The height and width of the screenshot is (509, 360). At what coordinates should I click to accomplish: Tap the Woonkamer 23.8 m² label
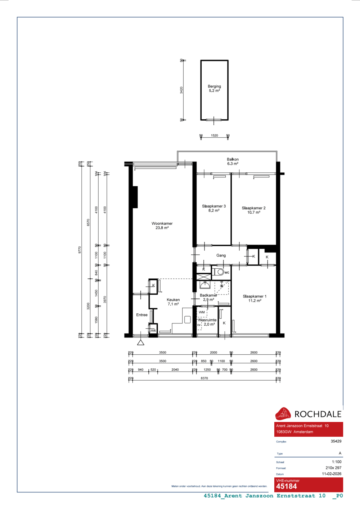pos(162,226)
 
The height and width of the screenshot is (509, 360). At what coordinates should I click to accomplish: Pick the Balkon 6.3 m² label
pos(233,162)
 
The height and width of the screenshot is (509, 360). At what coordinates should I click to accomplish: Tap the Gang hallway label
pos(221,255)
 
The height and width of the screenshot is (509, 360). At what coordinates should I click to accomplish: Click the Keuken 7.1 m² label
pos(173,302)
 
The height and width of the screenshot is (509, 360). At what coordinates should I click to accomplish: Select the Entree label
pos(142,315)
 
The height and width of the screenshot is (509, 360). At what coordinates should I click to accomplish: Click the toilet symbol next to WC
pos(220,272)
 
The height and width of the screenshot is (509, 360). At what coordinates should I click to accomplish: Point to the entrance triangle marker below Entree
pos(141,342)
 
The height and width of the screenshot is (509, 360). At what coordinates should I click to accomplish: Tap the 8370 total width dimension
pos(204,378)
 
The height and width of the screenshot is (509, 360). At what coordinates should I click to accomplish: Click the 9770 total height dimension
pos(80,250)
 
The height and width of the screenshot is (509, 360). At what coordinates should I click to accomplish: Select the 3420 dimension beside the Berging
pos(181,90)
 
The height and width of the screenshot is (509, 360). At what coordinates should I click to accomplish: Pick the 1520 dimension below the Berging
pos(215,136)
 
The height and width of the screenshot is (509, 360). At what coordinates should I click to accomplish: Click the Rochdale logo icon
pos(283,414)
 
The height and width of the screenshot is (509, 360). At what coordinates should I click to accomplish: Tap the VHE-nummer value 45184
pos(287,486)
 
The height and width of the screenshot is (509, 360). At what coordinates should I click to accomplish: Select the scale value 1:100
pos(337,462)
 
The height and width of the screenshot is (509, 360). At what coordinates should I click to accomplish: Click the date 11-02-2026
pos(332,474)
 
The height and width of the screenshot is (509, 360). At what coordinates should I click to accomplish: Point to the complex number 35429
pos(336,441)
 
